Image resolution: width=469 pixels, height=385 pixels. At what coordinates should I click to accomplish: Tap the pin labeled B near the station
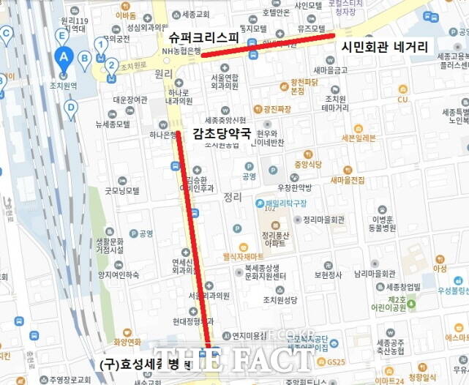(84, 59)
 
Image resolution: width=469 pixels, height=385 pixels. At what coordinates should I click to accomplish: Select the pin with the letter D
(70, 108)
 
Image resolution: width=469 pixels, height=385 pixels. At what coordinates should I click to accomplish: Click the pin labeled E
(61, 35)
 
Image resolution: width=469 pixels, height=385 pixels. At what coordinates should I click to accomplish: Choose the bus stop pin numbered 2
(111, 64)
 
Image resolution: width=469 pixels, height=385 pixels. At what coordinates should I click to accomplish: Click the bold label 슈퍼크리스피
(203, 37)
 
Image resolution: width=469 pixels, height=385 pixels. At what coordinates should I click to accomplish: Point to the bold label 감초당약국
(221, 133)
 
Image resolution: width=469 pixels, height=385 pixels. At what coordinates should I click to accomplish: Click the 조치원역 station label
(64, 86)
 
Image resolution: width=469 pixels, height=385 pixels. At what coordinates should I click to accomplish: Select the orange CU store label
(402, 100)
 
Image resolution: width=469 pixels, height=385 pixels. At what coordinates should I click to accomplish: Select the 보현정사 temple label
(328, 275)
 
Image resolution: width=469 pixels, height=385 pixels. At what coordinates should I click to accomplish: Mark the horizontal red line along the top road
(267, 44)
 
